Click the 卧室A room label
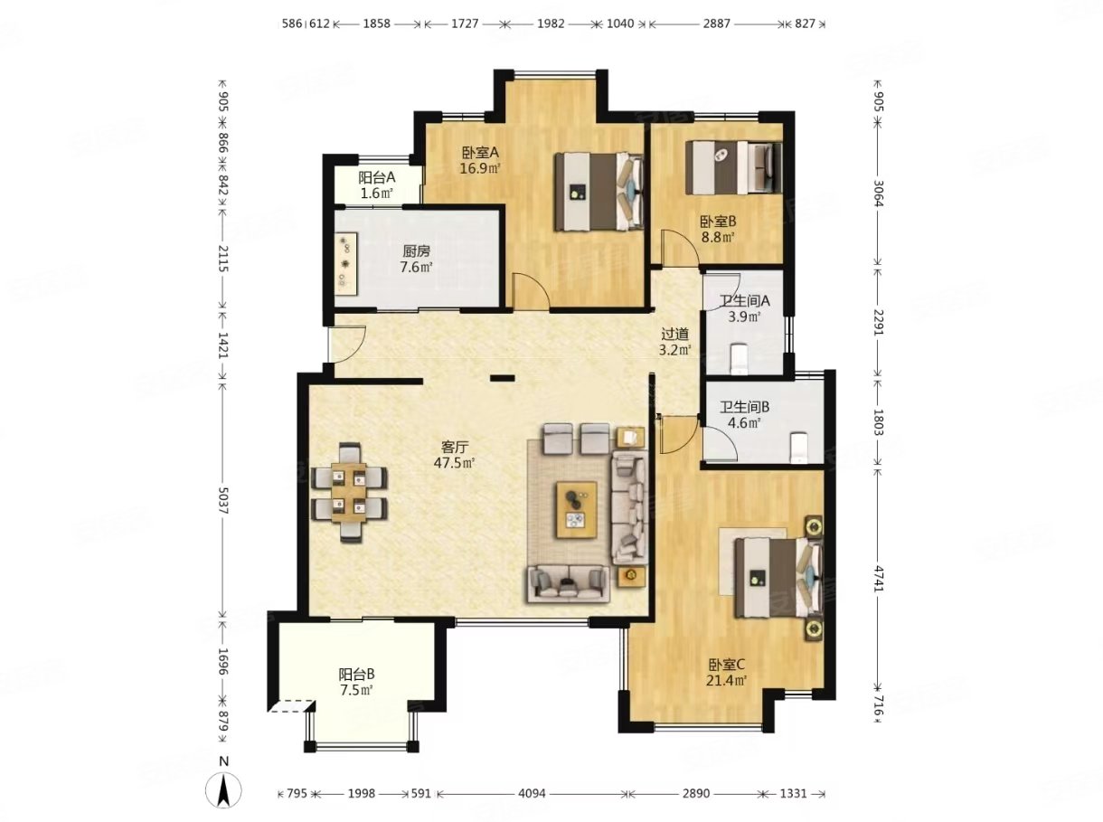point(480,152)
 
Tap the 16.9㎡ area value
point(479,168)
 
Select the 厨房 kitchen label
point(416,251)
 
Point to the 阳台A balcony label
point(377,177)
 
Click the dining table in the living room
point(349,491)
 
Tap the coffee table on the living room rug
point(577,509)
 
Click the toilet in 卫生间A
point(740,359)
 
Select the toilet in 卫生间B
point(798,448)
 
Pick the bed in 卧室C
point(778,577)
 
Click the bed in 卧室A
point(599,192)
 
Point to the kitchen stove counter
point(346,264)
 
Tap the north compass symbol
point(224,790)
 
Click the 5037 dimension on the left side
point(223,501)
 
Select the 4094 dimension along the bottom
point(532,793)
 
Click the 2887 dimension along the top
point(716,24)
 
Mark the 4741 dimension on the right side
point(878,578)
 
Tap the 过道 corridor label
point(674,334)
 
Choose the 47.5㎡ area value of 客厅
point(455,463)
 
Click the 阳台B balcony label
point(356,675)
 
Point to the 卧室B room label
point(718,221)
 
